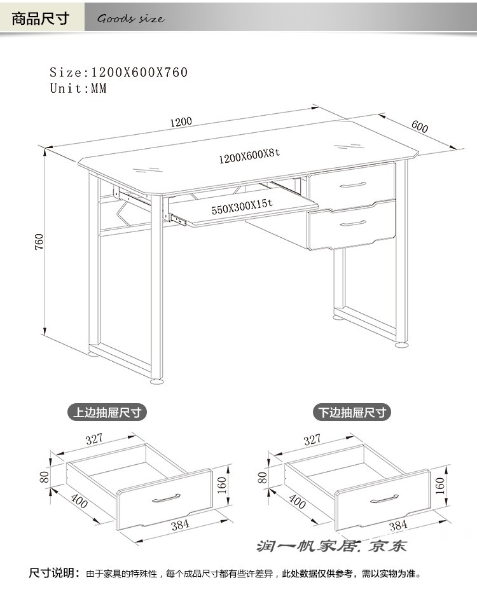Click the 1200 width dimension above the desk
[181, 122]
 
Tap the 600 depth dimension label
[420, 127]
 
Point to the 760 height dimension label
[39, 242]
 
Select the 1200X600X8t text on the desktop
[249, 156]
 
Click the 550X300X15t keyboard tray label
[242, 207]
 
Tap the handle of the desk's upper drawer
[353, 185]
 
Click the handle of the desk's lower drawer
[353, 223]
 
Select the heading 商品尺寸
[41, 18]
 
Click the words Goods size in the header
[131, 18]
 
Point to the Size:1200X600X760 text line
[118, 72]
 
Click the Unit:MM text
[78, 88]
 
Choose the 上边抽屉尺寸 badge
[107, 413]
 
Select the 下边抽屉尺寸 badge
[352, 413]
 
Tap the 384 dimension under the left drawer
[180, 525]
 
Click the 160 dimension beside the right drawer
[440, 485]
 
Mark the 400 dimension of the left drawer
[79, 500]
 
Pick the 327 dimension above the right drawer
[312, 439]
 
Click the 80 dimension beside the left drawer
[45, 477]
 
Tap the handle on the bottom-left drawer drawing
[166, 498]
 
